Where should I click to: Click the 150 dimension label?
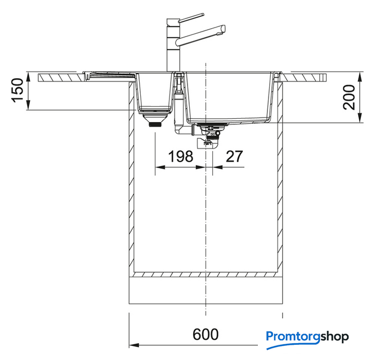coord(18,91)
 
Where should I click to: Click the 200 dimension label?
coord(349,97)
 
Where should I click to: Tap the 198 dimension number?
coord(181,156)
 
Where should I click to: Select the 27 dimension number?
coord(234,156)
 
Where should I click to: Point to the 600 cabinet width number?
coord(206,334)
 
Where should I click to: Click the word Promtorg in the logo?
coord(293,337)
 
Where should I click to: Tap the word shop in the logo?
coord(334,336)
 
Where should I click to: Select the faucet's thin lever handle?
coord(191,17)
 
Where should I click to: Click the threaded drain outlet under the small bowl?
coord(156,124)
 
